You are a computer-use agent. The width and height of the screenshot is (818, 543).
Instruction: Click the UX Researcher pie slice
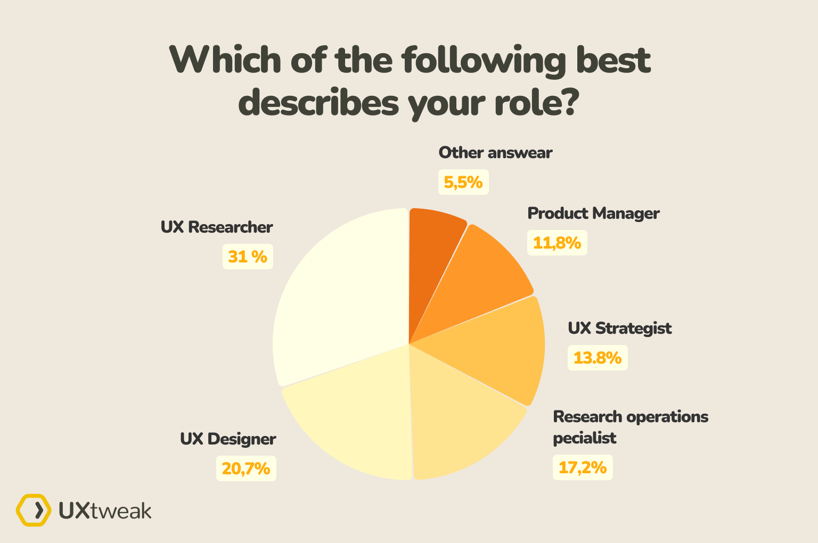(341, 298)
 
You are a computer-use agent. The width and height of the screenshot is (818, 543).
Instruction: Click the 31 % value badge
(248, 257)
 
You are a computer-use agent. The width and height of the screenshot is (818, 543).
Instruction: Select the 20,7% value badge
(246, 468)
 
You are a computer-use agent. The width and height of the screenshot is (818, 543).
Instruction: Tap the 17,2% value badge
(583, 467)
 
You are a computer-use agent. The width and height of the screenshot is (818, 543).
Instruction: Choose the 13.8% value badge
(598, 358)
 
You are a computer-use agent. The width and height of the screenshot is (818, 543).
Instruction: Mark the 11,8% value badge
(557, 243)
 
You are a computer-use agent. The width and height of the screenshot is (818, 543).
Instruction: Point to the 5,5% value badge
(463, 182)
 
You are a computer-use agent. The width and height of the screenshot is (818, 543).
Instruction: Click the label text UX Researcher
(217, 227)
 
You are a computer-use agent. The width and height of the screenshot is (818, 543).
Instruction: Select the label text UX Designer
(228, 439)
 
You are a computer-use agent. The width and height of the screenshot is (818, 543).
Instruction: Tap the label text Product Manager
(593, 213)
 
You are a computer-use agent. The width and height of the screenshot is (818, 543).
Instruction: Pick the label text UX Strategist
(620, 328)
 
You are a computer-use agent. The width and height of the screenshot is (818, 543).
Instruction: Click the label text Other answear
(495, 153)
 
